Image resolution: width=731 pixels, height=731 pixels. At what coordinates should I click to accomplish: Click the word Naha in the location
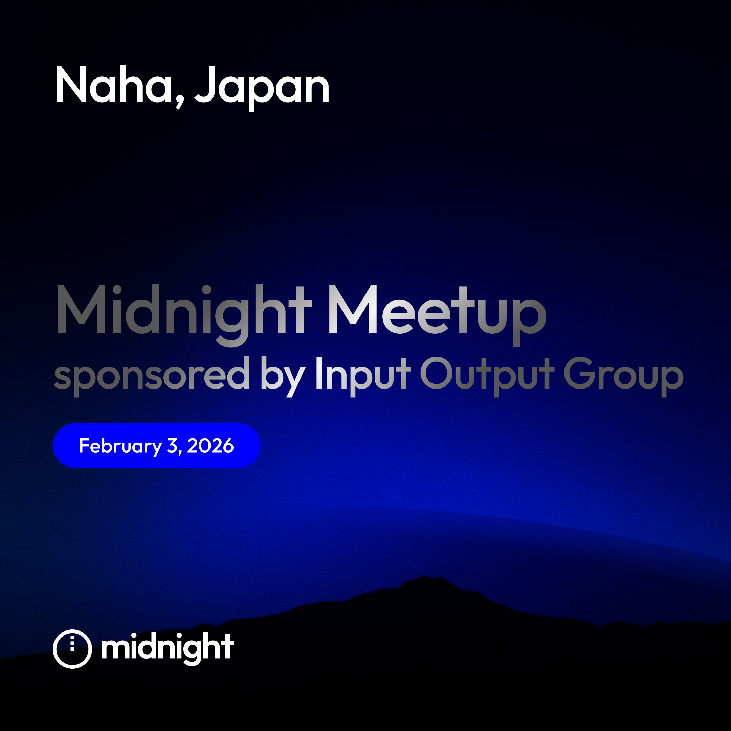click(113, 84)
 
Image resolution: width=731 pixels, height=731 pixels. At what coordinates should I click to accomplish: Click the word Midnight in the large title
click(184, 315)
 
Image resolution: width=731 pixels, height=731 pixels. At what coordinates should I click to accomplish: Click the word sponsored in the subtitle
click(152, 376)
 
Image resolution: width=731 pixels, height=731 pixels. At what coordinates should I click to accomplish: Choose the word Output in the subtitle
click(487, 376)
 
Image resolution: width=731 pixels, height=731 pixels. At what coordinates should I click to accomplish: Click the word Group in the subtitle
click(623, 376)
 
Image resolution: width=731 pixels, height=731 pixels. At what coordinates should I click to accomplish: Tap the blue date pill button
click(157, 445)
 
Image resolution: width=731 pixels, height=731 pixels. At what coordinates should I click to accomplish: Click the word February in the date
click(120, 446)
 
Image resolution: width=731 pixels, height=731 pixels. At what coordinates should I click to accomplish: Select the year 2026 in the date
click(211, 446)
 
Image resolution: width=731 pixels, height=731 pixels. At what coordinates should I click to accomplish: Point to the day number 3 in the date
click(172, 446)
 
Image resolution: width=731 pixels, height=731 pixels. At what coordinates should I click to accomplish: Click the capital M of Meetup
click(353, 309)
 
